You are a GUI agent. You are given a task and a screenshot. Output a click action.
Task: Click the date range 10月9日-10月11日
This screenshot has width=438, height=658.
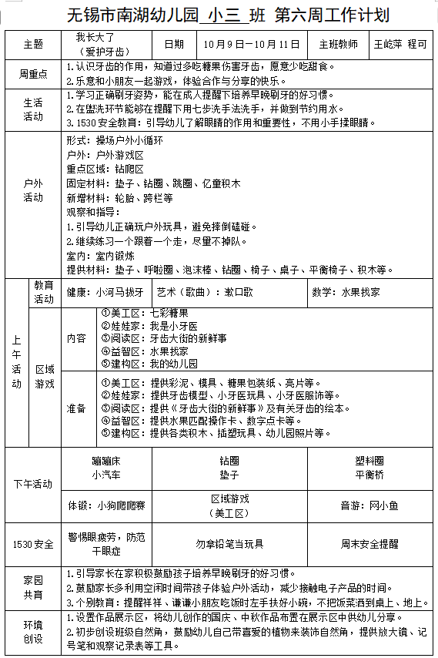click(x=251, y=44)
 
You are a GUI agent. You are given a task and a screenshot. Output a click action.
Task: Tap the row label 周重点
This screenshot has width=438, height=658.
click(x=33, y=74)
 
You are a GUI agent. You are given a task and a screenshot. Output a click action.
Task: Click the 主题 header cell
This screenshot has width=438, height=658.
click(x=33, y=44)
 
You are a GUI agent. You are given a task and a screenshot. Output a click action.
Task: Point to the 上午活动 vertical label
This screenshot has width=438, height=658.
click(x=17, y=362)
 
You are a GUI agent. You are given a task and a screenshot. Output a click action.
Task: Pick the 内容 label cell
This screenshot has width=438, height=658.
click(x=76, y=339)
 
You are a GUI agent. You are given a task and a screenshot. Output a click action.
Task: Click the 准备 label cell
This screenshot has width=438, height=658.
click(x=76, y=408)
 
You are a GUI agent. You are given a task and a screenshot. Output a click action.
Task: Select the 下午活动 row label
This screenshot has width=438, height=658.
click(x=33, y=485)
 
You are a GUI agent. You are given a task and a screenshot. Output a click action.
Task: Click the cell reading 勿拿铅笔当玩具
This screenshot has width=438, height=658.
click(x=229, y=544)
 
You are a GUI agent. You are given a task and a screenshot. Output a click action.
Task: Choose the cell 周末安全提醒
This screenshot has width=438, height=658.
click(x=369, y=544)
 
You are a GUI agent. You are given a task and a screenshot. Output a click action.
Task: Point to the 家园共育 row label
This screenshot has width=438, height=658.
click(x=33, y=586)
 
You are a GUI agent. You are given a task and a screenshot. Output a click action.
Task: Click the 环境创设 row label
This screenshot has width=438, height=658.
click(x=33, y=630)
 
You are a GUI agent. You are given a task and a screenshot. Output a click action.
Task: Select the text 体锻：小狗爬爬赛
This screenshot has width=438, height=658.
click(x=105, y=505)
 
